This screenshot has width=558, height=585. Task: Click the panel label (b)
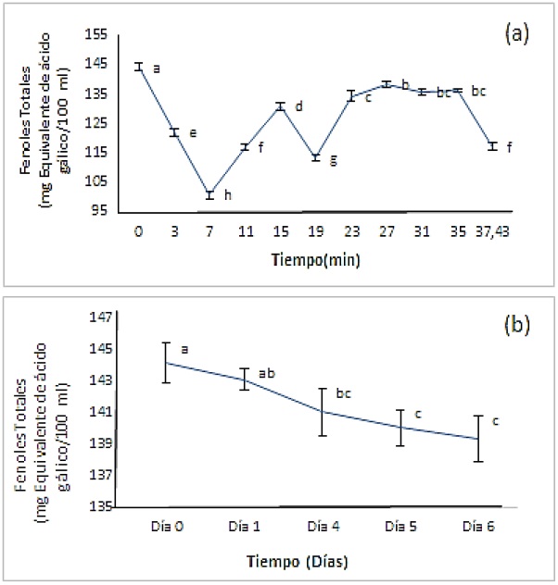click(x=516, y=326)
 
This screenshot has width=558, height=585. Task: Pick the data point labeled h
click(x=209, y=195)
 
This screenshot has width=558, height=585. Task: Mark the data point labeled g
click(x=315, y=157)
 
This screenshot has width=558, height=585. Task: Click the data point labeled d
click(x=280, y=106)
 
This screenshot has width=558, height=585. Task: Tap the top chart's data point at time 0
click(x=138, y=67)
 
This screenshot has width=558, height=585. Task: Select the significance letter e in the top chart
click(x=192, y=133)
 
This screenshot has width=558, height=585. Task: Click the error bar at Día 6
click(x=478, y=439)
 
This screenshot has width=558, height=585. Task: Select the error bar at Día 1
click(x=244, y=379)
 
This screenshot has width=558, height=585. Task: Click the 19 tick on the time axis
click(x=315, y=230)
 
